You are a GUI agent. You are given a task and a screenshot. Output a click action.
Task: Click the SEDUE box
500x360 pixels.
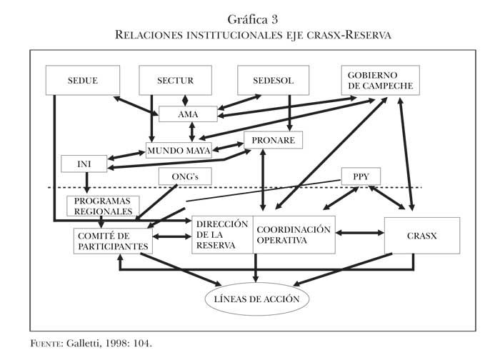click(x=82, y=80)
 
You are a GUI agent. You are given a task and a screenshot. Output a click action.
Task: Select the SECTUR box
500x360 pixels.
click(x=175, y=80)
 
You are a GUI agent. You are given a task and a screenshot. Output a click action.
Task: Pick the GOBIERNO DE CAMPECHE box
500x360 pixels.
click(x=380, y=81)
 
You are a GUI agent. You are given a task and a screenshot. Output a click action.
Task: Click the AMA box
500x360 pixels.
click(x=188, y=114)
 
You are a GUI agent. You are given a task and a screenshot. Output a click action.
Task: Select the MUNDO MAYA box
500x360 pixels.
click(x=179, y=151)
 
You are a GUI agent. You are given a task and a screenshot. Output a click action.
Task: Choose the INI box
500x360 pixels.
click(x=84, y=164)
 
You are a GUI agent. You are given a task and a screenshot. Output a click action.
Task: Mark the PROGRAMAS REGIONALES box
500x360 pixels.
click(x=101, y=206)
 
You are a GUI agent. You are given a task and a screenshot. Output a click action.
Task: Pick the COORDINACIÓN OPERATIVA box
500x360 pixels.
click(x=294, y=234)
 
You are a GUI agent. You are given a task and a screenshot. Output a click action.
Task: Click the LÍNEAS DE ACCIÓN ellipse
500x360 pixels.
click(x=257, y=298)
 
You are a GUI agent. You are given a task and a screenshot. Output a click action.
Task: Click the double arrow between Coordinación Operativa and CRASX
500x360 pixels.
click(x=359, y=232)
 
